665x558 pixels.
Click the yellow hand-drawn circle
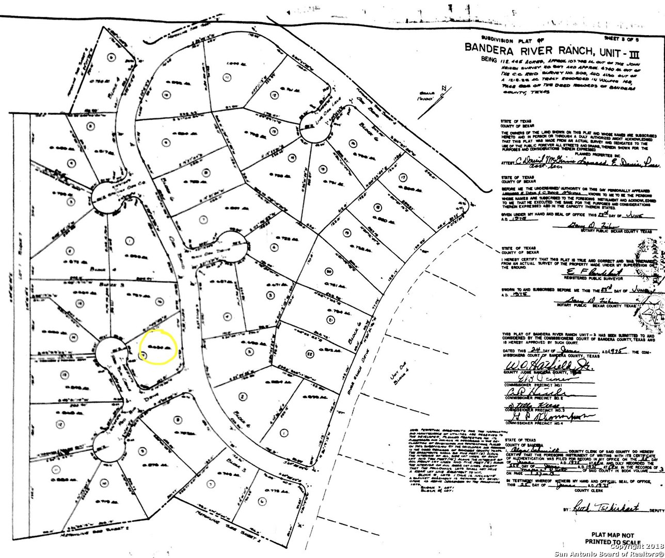point(159,347)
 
